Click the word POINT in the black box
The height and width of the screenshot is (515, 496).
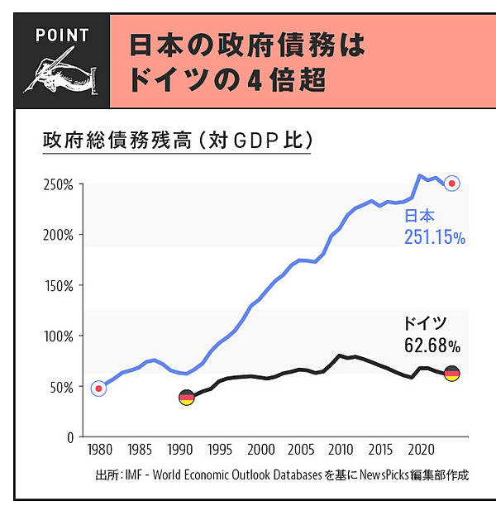point(62,35)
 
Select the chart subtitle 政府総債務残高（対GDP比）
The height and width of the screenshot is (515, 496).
point(177,140)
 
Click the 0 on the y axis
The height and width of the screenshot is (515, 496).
point(71,437)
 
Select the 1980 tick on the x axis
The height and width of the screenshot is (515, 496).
point(99,451)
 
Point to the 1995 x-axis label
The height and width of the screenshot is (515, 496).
point(220,451)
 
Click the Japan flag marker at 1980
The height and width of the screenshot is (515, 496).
point(99,389)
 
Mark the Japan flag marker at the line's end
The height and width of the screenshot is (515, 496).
point(452,184)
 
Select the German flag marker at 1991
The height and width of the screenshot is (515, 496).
point(187,398)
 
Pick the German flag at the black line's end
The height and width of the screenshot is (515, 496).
point(452,374)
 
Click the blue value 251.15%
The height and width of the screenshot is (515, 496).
point(435,238)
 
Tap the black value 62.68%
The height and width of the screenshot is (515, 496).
point(432,343)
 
